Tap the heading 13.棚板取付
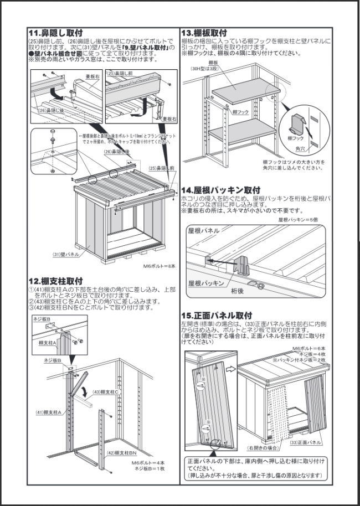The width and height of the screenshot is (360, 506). click(x=204, y=33)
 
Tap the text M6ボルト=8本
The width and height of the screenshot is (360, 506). click(x=159, y=266)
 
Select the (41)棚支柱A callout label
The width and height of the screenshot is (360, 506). click(x=48, y=412)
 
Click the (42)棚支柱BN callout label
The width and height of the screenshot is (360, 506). click(x=121, y=453)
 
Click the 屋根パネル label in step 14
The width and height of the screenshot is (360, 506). click(x=204, y=230)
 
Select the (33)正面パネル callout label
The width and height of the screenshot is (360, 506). click(x=306, y=443)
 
